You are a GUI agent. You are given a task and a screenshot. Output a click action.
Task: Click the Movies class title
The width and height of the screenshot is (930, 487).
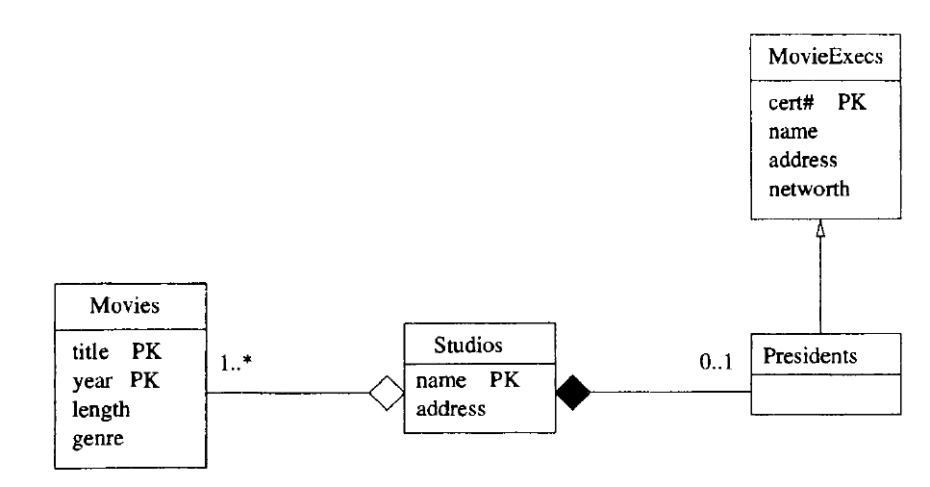pyautogui.click(x=124, y=307)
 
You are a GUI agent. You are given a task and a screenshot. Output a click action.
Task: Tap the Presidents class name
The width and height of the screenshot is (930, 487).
pyautogui.click(x=809, y=356)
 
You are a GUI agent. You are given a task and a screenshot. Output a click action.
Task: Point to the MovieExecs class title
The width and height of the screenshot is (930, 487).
pyautogui.click(x=825, y=60)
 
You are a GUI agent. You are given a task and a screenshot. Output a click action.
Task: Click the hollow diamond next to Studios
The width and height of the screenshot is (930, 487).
pyautogui.click(x=388, y=393)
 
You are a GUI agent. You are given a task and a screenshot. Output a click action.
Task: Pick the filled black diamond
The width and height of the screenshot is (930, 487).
pyautogui.click(x=573, y=392)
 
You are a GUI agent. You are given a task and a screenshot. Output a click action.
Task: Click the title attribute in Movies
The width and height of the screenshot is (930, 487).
pyautogui.click(x=91, y=352)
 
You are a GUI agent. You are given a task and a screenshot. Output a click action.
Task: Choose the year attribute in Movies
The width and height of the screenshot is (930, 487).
pyautogui.click(x=91, y=380)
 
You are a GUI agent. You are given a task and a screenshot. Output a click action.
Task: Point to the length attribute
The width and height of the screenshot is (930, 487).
pyautogui.click(x=100, y=409)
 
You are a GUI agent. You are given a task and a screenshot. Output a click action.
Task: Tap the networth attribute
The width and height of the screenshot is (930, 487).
pyautogui.click(x=809, y=189)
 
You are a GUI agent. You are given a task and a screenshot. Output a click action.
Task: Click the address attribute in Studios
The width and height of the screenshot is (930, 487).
pyautogui.click(x=450, y=409)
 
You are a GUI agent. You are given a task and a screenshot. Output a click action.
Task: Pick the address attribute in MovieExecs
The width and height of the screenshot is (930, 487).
pyautogui.click(x=803, y=160)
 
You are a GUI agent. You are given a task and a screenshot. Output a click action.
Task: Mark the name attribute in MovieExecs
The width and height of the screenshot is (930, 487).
pyautogui.click(x=792, y=131)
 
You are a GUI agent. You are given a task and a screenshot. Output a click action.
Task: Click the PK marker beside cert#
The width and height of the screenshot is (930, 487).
pyautogui.click(x=852, y=103)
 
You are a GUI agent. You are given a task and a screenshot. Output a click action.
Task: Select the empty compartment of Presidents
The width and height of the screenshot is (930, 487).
pyautogui.click(x=826, y=395)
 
